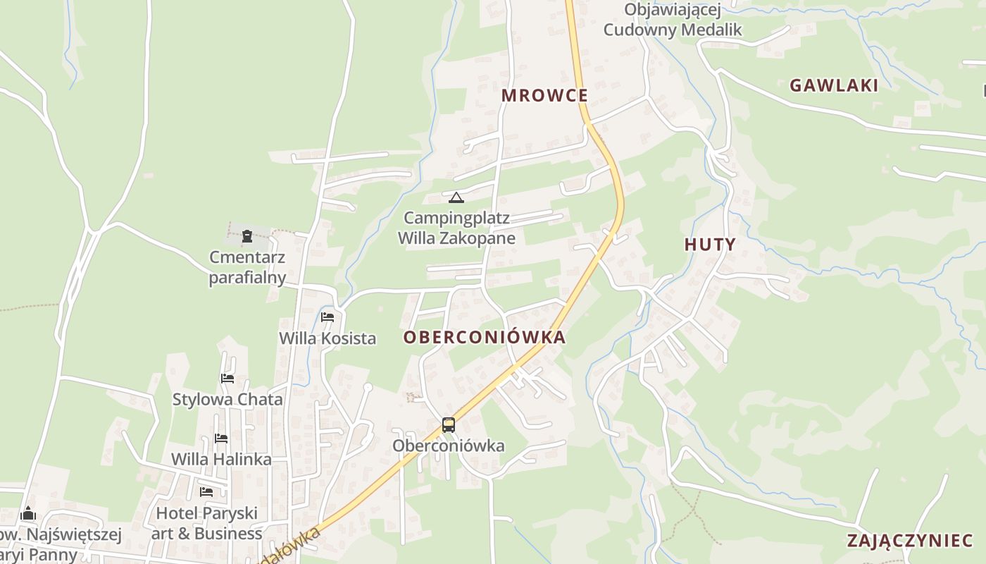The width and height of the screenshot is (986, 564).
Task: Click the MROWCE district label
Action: [x=544, y=95]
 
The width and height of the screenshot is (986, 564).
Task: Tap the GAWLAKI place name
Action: [x=834, y=85]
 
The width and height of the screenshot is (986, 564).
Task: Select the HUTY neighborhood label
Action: [x=710, y=245]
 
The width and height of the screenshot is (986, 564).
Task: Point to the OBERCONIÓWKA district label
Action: [x=485, y=337]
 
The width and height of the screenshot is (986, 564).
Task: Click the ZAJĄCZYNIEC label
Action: [x=910, y=541]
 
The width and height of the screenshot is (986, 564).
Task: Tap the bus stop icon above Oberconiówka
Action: [x=449, y=425]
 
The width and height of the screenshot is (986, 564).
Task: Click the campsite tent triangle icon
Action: [x=456, y=197]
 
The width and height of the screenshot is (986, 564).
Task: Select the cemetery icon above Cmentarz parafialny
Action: [x=247, y=236]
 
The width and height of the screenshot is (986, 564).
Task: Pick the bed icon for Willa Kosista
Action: [x=327, y=317]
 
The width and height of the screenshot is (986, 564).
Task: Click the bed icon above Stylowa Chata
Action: [x=227, y=379]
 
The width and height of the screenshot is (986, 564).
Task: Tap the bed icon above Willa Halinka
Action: [x=221, y=439]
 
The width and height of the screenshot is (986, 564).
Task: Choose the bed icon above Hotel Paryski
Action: [x=206, y=491]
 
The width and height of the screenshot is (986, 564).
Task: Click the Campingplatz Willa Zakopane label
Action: [x=456, y=228]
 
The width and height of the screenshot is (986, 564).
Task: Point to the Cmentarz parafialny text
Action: [x=247, y=267]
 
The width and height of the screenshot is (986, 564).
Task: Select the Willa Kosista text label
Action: [x=327, y=338]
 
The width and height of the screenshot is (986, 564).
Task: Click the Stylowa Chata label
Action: [x=227, y=400]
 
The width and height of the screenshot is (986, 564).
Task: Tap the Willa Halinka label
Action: [x=221, y=460]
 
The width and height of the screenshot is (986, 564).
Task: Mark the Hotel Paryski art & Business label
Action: [x=206, y=523]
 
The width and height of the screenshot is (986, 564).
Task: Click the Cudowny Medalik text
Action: [x=673, y=30]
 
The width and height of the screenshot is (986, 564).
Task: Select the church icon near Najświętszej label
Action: [x=28, y=513]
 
